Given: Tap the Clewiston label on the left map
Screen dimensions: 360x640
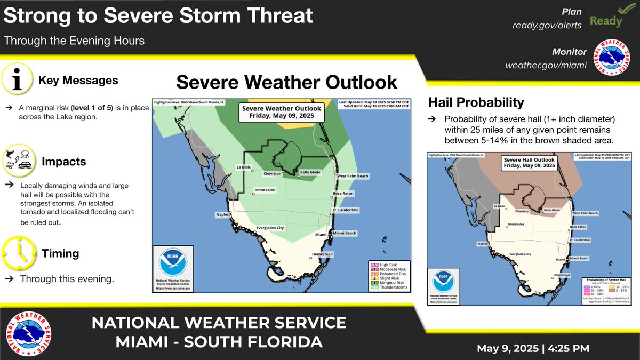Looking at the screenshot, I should pos(273,173).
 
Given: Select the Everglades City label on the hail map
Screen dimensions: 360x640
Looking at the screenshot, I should pos(520,254).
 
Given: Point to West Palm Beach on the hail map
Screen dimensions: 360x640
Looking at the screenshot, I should pos(585,213).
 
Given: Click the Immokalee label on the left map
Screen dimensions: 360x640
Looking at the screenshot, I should pos(265,190).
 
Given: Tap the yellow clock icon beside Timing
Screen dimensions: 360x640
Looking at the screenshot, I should pos(19,253).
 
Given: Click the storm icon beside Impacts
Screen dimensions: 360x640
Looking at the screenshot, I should pos(18,161).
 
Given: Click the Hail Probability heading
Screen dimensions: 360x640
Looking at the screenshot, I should pos(476,102).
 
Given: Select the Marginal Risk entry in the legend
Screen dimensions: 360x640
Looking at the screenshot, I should pos(389,283).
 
